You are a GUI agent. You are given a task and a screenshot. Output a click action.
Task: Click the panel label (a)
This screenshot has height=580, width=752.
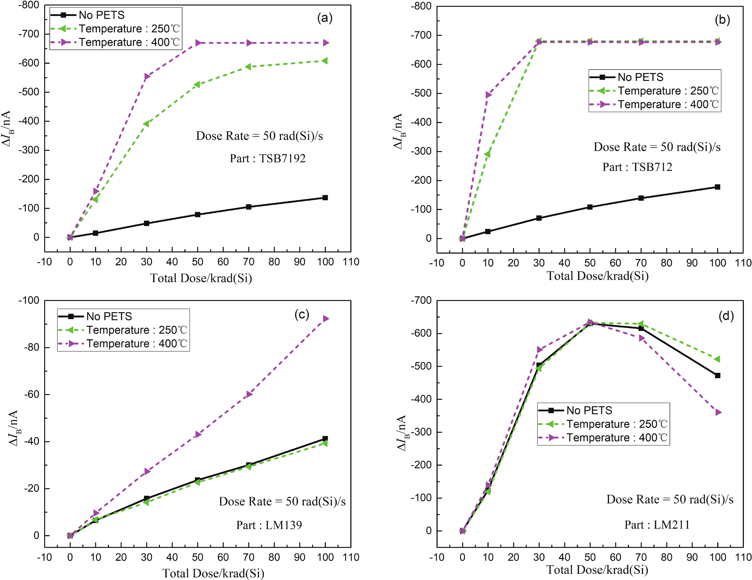[x=325, y=18]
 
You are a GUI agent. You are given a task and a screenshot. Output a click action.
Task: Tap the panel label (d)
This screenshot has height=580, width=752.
[x=726, y=315]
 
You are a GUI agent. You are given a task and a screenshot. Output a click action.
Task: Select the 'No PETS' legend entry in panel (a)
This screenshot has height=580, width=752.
[x=101, y=15]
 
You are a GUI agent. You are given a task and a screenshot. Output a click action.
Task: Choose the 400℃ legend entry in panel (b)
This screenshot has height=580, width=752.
[x=668, y=104]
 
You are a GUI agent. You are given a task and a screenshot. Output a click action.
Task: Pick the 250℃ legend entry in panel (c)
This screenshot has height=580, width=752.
[x=136, y=330]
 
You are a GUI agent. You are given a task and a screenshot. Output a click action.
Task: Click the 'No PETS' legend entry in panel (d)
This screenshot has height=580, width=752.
[x=589, y=410]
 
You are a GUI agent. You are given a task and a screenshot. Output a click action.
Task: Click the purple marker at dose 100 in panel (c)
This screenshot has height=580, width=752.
[x=326, y=319]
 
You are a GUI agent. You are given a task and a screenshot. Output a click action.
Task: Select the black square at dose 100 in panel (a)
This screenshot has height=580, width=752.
[x=325, y=198]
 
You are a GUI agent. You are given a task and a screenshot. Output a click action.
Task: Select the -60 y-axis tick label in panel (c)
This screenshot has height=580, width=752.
[x=31, y=395]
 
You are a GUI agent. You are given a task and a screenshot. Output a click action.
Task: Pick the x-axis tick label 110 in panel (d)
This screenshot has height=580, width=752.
[x=743, y=557]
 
